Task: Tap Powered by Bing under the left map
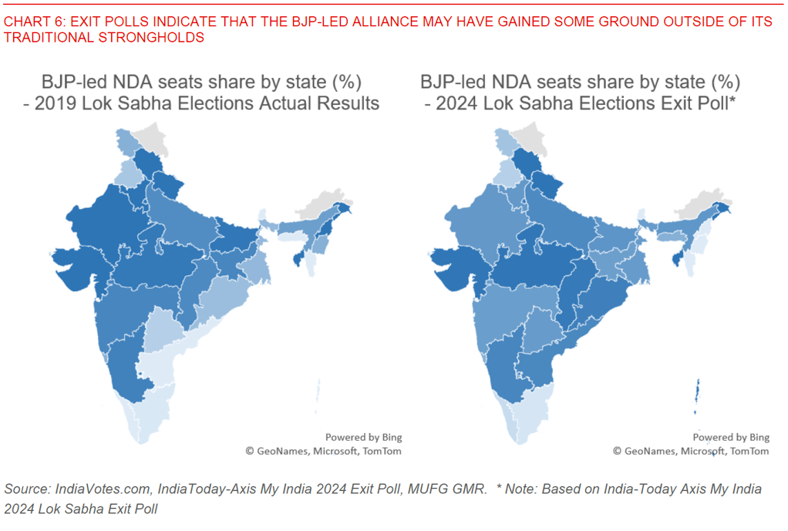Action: click(363, 438)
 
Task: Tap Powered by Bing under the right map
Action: click(731, 438)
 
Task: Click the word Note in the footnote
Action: click(519, 489)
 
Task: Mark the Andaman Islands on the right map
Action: click(698, 391)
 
